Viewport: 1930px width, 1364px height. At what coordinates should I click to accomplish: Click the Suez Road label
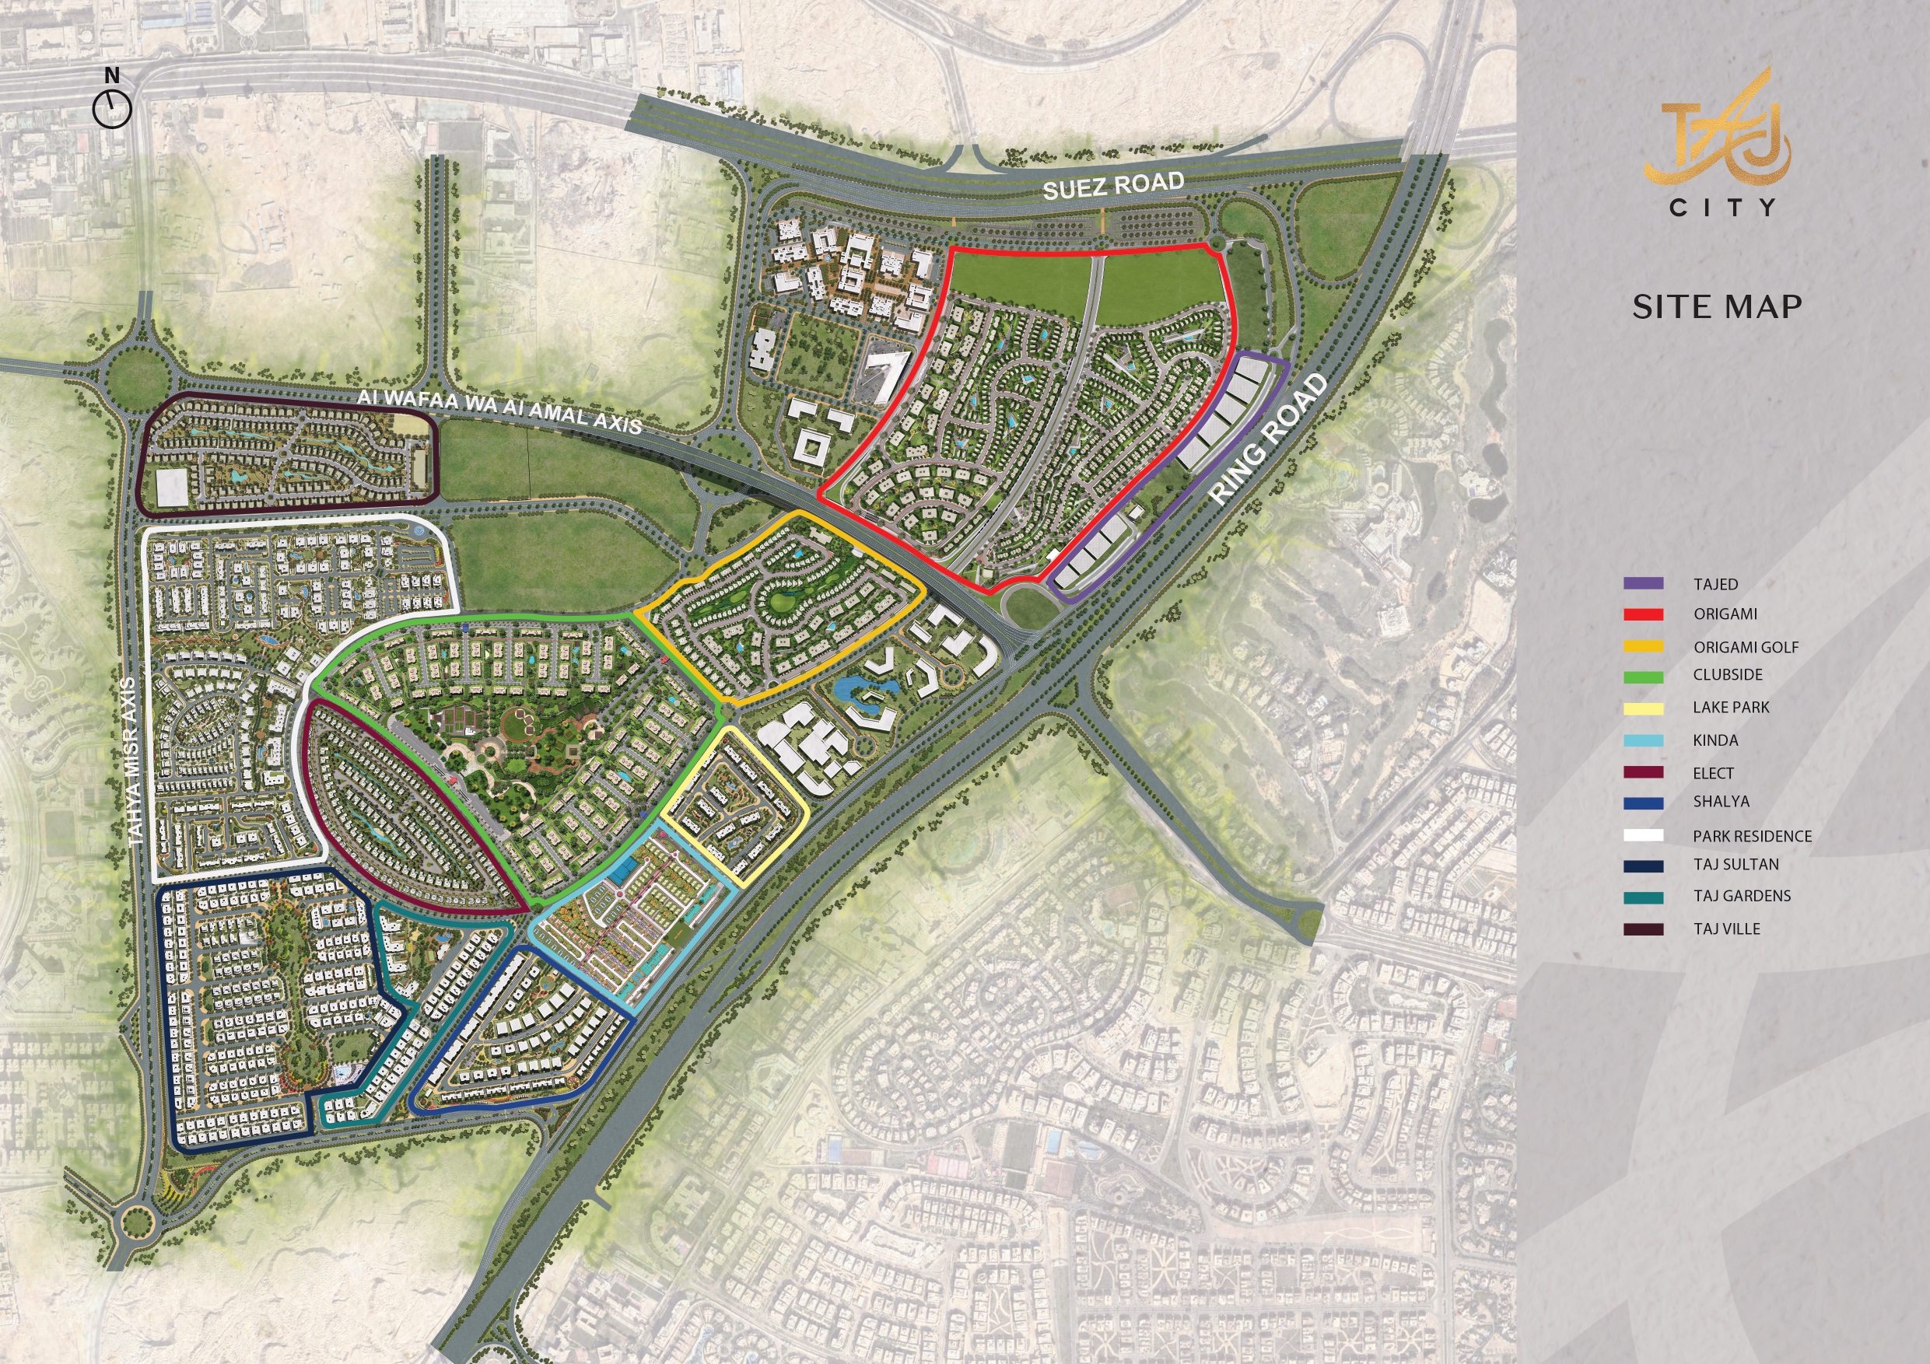[x=1113, y=185]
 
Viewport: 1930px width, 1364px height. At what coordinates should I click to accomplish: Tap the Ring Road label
[x=1270, y=437]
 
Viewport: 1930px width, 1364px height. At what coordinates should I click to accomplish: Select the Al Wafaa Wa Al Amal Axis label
[x=499, y=410]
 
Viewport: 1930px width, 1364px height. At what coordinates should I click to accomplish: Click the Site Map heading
[x=1717, y=306]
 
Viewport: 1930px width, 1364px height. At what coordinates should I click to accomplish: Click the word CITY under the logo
[x=1722, y=208]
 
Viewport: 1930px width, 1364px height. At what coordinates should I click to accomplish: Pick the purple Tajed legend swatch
[x=1644, y=583]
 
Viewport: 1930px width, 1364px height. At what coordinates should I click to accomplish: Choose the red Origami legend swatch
[x=1644, y=614]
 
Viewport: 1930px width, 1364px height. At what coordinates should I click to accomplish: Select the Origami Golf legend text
[x=1746, y=647]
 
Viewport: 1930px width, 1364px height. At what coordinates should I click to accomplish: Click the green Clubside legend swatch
[x=1644, y=677]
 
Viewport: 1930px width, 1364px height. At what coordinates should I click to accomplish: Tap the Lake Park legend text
[x=1731, y=708]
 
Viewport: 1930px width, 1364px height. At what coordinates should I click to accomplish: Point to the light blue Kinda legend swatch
[x=1644, y=740]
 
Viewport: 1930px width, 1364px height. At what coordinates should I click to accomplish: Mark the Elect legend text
[x=1713, y=773]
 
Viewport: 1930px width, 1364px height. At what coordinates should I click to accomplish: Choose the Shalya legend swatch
[x=1644, y=803]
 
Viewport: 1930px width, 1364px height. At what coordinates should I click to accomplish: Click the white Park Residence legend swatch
[x=1644, y=835]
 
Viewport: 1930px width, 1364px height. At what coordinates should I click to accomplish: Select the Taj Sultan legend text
[x=1736, y=864]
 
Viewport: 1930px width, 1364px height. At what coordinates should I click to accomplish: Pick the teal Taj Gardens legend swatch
[x=1644, y=897]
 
